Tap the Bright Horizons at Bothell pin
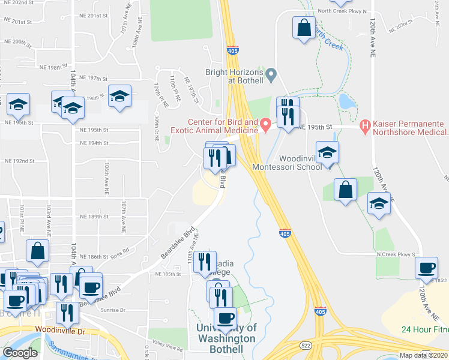[271, 75]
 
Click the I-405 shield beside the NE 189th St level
[286, 232]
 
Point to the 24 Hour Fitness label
[425, 329]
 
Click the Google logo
[19, 353]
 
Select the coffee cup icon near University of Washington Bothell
[226, 318]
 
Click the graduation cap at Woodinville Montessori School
[327, 153]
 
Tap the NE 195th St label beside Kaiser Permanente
[315, 128]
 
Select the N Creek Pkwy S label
[396, 254]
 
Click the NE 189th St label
[95, 217]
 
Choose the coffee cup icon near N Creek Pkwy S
[426, 268]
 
